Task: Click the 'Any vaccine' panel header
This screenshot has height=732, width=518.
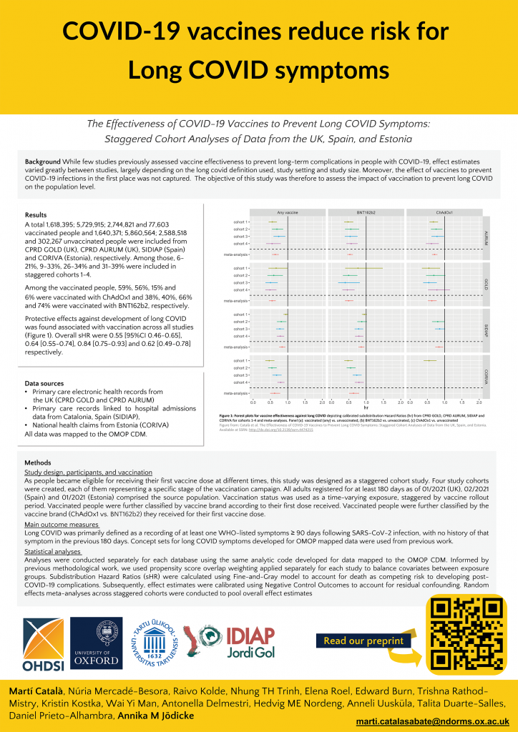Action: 287,212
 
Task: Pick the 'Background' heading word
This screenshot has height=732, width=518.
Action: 42,162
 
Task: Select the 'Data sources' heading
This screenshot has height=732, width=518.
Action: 43,383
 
